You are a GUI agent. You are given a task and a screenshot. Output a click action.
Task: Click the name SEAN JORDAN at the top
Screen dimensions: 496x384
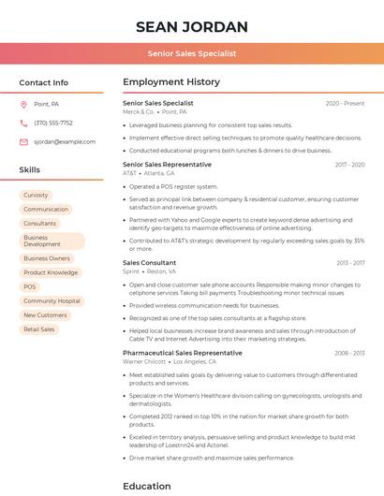tap(191, 26)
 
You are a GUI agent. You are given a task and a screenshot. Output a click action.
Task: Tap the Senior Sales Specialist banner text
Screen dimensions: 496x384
tap(191, 54)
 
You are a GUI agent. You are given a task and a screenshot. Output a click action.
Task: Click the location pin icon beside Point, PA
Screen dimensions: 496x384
tap(23, 104)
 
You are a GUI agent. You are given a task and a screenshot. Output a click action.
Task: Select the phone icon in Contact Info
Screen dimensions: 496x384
tap(23, 123)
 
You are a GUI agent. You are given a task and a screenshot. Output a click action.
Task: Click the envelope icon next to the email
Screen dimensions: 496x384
tap(23, 141)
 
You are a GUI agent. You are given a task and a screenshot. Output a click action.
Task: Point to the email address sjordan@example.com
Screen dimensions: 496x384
tap(65, 141)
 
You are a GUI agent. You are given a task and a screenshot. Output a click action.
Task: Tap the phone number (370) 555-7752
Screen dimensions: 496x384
tap(53, 123)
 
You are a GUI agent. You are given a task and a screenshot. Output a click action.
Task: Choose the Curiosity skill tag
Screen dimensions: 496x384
tap(36, 195)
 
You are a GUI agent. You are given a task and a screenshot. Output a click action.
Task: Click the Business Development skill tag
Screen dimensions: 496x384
tap(42, 241)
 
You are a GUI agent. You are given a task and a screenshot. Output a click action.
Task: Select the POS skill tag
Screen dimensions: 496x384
tap(30, 286)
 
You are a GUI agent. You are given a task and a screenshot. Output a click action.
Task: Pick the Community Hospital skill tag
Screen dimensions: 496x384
tap(52, 301)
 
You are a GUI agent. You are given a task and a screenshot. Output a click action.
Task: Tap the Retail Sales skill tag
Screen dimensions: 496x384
tap(39, 329)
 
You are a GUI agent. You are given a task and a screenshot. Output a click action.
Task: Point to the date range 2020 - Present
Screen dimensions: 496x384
tap(345, 103)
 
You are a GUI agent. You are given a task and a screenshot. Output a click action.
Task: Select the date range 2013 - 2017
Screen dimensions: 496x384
tap(349, 263)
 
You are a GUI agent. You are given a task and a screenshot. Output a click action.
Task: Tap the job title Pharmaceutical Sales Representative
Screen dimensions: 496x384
tap(182, 353)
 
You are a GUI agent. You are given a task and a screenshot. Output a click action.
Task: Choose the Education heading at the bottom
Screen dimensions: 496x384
tap(147, 486)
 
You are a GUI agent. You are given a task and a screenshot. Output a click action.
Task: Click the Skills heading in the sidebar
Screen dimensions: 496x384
tap(30, 170)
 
